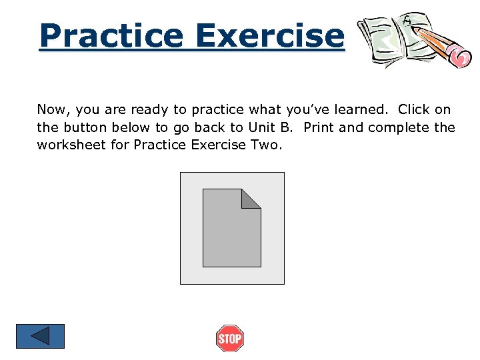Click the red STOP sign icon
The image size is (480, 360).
tap(230, 339)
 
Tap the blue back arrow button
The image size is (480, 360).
tap(41, 336)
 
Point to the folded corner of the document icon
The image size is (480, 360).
tap(251, 198)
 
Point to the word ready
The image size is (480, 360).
tap(149, 110)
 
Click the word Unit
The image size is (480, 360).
tap(261, 127)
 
